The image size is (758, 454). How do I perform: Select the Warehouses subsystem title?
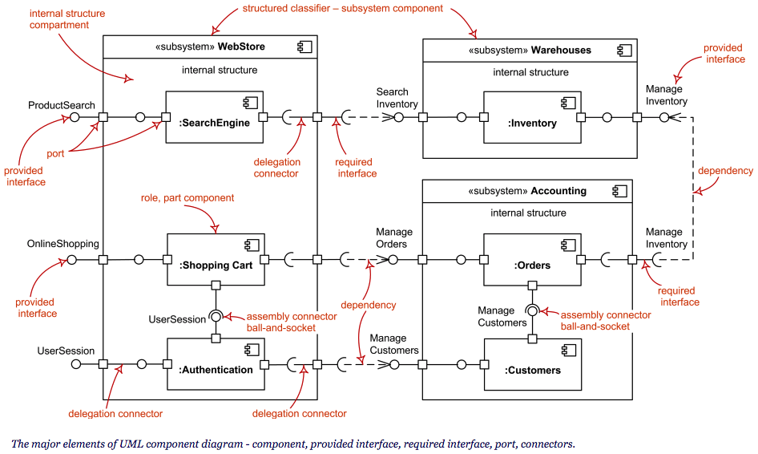coord(531,50)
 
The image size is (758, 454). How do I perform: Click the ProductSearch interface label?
coord(62,105)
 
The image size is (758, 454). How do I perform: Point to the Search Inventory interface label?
coord(397,98)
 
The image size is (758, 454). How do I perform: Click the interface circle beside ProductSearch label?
coord(75,117)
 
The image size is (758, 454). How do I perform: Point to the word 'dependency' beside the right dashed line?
coord(725,171)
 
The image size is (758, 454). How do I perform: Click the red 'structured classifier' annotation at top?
coord(343,8)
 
